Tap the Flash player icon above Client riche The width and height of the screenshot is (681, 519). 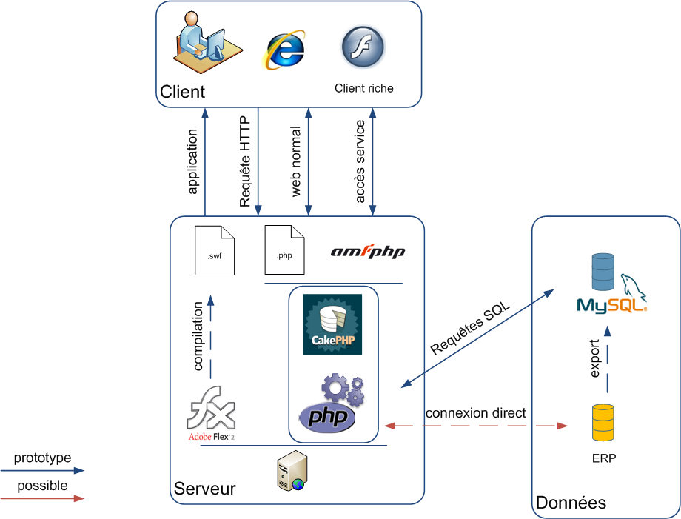coord(363,47)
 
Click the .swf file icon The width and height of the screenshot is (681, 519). coord(214,250)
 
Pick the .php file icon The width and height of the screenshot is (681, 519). coord(284,250)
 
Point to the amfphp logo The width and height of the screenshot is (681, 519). coord(367,252)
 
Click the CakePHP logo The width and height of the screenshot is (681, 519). coord(332,324)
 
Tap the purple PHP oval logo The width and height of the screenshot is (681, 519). coord(328,417)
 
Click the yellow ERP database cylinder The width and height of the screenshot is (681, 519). coord(603,422)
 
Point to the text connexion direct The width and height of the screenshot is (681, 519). coord(475,413)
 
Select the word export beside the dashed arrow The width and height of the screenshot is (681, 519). coord(594,360)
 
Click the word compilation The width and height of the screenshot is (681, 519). coord(198,335)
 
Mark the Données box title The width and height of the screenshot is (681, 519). coord(571,503)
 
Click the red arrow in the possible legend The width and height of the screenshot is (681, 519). coord(43,499)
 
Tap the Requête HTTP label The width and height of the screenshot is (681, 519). coord(245,161)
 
